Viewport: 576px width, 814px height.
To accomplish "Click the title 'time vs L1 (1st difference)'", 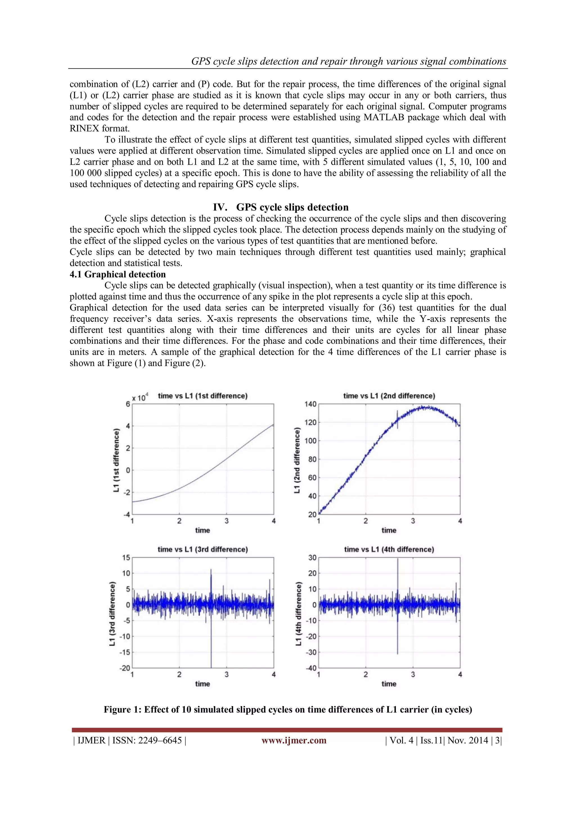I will tap(202, 396).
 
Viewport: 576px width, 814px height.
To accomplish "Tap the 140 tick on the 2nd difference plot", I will tap(310, 404).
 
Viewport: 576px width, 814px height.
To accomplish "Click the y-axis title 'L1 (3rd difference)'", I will tap(112, 614).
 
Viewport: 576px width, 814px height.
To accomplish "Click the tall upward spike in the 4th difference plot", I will tap(398, 571).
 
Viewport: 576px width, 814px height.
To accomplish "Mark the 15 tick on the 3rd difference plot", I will tap(126, 558).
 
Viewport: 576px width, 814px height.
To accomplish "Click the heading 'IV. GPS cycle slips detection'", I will tap(281, 207).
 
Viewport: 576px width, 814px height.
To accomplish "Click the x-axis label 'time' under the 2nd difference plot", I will tap(389, 530).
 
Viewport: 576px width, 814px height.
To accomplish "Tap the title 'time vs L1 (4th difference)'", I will tap(389, 550).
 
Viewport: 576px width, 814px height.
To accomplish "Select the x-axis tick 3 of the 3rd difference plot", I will tap(226, 674).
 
